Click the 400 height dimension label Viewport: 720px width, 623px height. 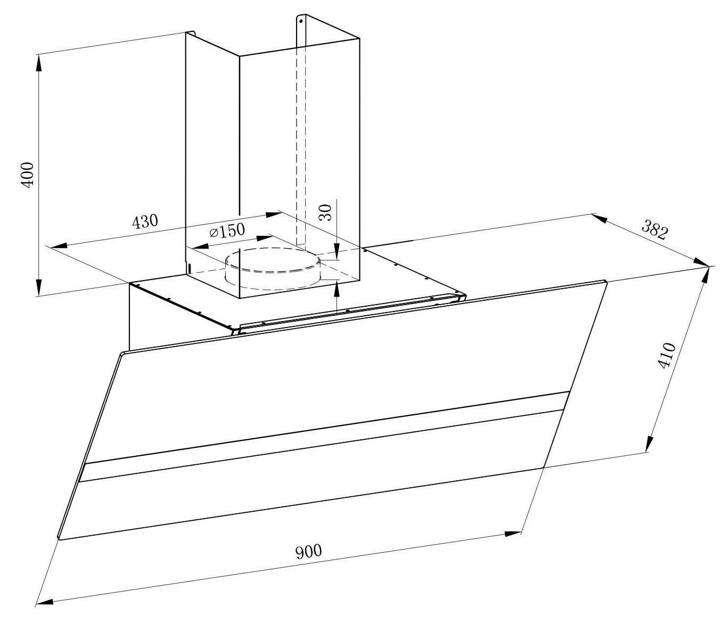click(x=27, y=173)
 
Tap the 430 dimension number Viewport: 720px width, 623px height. click(x=145, y=221)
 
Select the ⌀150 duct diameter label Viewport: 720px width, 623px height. click(x=227, y=231)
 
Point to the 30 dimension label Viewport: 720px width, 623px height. click(x=326, y=212)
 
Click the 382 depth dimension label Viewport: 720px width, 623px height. click(x=654, y=230)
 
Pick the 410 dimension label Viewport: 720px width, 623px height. click(x=667, y=356)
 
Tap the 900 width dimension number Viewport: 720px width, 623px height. click(x=309, y=551)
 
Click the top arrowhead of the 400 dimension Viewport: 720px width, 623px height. click(x=39, y=62)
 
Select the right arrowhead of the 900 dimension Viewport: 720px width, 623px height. click(x=512, y=533)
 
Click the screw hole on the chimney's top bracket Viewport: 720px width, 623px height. click(x=301, y=22)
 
